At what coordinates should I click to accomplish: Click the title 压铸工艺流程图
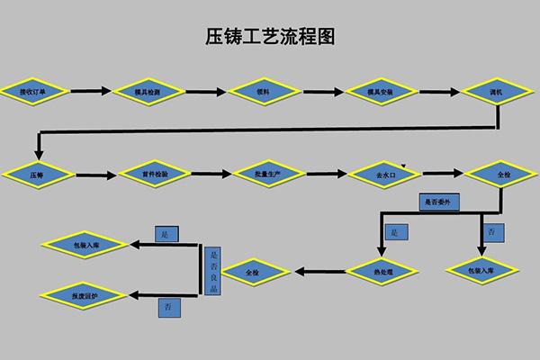coord(270,38)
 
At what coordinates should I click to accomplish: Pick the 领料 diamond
coord(264,92)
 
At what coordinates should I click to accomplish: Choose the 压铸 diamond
coord(37,175)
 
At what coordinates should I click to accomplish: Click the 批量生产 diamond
coord(269,174)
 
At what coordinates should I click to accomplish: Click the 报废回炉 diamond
coord(77,293)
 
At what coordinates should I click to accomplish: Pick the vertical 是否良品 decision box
coord(212,271)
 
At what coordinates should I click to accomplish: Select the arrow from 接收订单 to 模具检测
coord(89,91)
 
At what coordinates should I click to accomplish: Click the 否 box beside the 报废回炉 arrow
coord(169,307)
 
